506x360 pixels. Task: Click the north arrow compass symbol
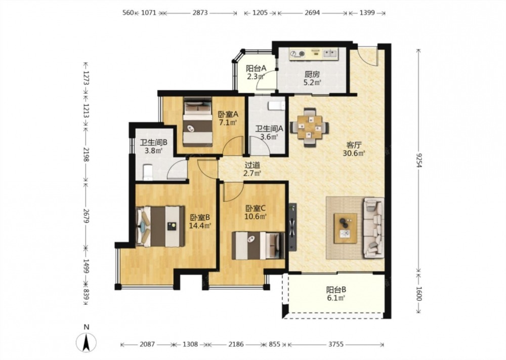tap(86, 342)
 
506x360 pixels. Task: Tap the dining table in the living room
tap(310, 127)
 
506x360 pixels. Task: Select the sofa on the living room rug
tap(374, 228)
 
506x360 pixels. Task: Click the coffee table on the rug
tap(346, 228)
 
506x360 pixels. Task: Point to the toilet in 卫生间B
tap(147, 172)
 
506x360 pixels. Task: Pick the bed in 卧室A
tap(197, 122)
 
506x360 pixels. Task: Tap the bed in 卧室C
tap(258, 246)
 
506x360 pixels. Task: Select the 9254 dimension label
tap(418, 160)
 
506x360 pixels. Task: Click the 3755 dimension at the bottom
tap(336, 344)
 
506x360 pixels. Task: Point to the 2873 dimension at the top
tap(200, 13)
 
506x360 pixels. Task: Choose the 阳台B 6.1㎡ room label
tap(336, 294)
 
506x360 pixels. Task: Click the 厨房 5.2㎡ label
tap(312, 78)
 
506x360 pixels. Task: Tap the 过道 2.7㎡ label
tap(252, 169)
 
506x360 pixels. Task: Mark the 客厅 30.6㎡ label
tap(354, 149)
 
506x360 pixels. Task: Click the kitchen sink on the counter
tap(330, 54)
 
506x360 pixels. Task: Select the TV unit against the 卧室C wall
tap(292, 227)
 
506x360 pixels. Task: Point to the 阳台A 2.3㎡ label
tap(256, 72)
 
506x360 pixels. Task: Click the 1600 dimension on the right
tap(418, 294)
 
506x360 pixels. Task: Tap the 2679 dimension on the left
tap(86, 216)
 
